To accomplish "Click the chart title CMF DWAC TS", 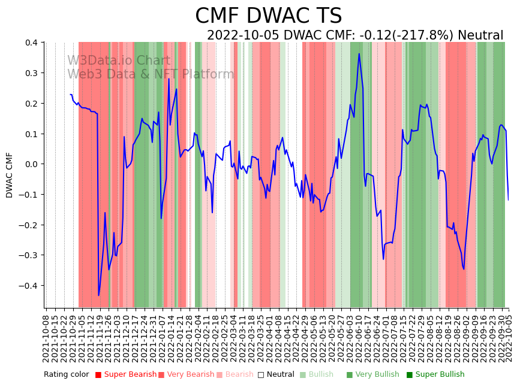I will [268, 16].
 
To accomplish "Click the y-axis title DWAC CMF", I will [10, 175].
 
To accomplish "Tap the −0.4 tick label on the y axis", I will [28, 286].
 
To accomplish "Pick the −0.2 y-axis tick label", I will [28, 225].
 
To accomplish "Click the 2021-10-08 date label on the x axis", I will [47, 336].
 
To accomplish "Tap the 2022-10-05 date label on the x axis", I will [510, 336].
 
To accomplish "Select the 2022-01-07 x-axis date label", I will [161, 336].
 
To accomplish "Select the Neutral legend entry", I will [276, 375].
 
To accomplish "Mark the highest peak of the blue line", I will [359, 54].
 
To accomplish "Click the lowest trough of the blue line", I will [99, 295].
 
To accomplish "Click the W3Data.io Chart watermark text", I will [119, 61].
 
